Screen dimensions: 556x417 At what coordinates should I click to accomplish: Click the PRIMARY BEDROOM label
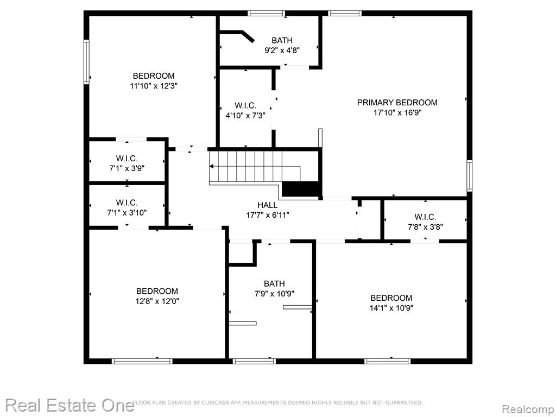(397, 103)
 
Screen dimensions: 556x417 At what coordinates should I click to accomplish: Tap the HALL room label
(267, 205)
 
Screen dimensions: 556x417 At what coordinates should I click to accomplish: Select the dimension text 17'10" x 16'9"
(397, 113)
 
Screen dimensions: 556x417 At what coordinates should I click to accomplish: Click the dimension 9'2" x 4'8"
(282, 50)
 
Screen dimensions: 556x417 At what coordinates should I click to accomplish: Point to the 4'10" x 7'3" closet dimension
(245, 115)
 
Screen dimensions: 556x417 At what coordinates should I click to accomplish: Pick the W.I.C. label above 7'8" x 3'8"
(425, 217)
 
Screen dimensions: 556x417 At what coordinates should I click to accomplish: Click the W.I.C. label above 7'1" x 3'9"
(127, 159)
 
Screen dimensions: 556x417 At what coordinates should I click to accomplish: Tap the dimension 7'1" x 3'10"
(127, 213)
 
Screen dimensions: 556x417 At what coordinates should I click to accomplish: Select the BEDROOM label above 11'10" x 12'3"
(154, 76)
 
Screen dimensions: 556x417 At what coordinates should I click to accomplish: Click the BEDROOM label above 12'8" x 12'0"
(157, 291)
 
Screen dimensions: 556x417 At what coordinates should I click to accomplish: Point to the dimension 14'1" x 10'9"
(391, 308)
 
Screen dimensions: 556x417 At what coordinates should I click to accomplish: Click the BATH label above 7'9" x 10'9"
(274, 283)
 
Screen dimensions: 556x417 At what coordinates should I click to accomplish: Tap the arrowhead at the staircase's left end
(211, 166)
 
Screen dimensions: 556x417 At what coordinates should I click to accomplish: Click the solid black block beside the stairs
(301, 188)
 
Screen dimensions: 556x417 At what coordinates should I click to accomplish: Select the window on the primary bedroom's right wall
(469, 175)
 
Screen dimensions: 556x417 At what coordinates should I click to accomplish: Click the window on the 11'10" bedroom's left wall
(86, 62)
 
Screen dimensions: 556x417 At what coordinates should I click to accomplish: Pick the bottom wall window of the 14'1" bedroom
(387, 361)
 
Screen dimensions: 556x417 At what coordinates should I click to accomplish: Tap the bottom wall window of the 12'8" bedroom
(142, 361)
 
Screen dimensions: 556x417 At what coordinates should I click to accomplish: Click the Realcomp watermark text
(528, 409)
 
